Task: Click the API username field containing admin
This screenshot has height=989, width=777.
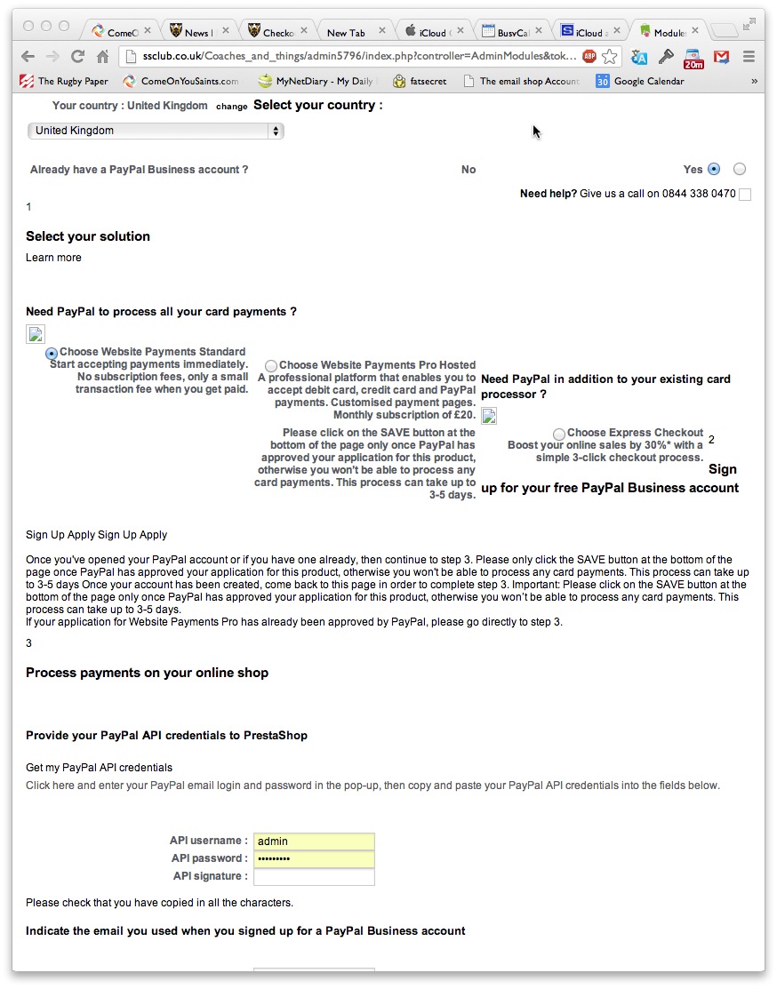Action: click(x=313, y=841)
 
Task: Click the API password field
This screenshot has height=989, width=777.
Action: click(x=313, y=859)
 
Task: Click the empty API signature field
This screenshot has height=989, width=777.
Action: click(x=313, y=877)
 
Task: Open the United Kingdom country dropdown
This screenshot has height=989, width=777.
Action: click(x=155, y=131)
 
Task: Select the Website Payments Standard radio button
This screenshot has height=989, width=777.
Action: click(x=52, y=354)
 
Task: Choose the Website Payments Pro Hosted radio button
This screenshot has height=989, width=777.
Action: click(x=271, y=366)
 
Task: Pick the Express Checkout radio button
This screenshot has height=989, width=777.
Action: click(x=558, y=434)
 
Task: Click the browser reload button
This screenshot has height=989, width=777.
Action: click(x=77, y=57)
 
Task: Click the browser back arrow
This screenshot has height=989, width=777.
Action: click(x=28, y=57)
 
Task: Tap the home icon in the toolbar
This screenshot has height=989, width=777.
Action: click(x=102, y=57)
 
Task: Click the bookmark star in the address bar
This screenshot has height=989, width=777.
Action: click(x=609, y=57)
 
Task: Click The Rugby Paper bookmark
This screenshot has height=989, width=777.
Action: click(x=64, y=81)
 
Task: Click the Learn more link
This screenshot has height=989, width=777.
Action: click(x=53, y=258)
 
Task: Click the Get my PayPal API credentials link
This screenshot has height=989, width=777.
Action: click(x=99, y=768)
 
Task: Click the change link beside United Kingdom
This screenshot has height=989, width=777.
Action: click(x=231, y=107)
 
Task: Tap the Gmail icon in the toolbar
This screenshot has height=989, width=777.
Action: click(x=722, y=57)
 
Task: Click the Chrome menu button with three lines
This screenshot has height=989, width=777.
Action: click(x=749, y=57)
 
